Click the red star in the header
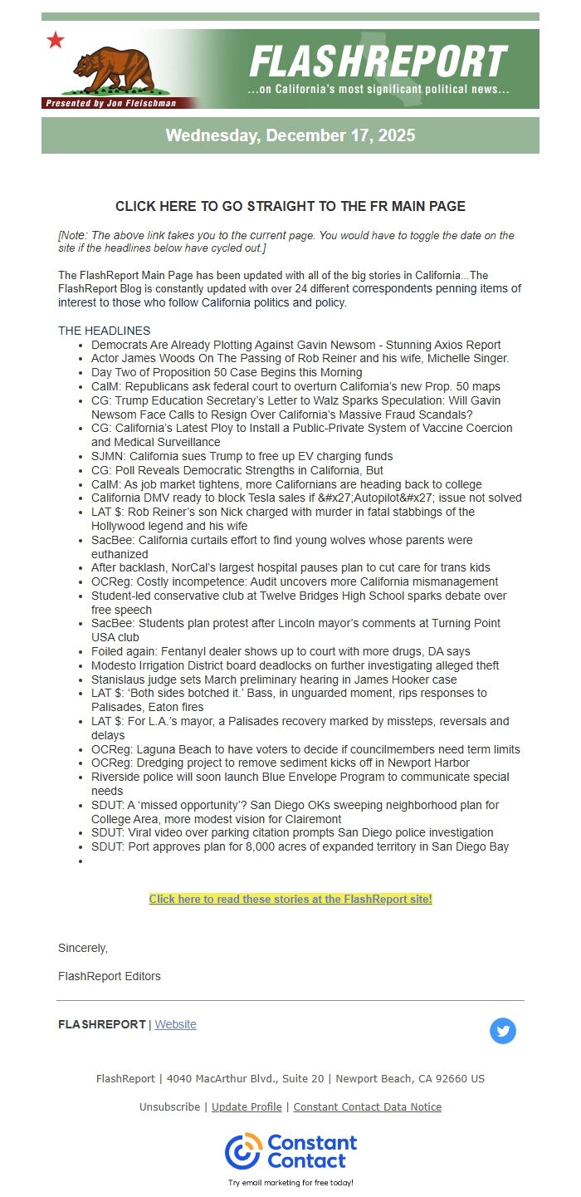pos(56,40)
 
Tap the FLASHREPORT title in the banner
pos(378,61)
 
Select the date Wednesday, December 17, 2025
pos(290,135)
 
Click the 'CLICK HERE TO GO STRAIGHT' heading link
pos(290,206)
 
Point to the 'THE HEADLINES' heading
pos(104,331)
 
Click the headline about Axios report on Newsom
pos(296,345)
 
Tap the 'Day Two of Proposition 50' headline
pos(227,372)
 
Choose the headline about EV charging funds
pos(242,456)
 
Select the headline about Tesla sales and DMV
pos(306,498)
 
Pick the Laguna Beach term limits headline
pos(305,749)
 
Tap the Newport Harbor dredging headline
pos(281,763)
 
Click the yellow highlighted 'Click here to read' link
pos(290,899)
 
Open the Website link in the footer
pos(176,1024)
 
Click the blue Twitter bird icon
pos(503,1031)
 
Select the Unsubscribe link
pos(169,1106)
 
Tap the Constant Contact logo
pos(290,1151)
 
